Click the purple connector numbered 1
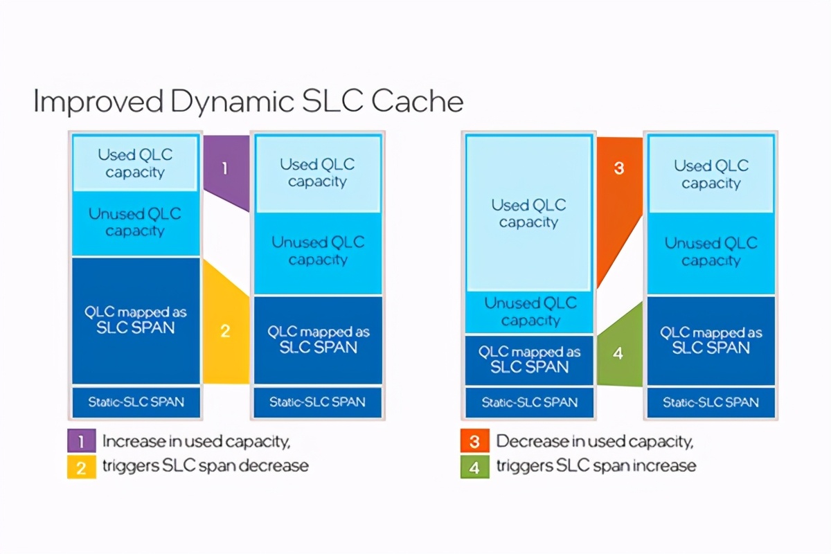(x=225, y=168)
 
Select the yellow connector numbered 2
(x=225, y=331)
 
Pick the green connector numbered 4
(x=618, y=353)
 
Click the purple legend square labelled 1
(x=81, y=441)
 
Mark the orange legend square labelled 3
(x=474, y=441)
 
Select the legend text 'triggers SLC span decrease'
(x=205, y=465)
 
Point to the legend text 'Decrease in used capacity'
(x=594, y=441)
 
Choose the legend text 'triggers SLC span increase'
(x=596, y=465)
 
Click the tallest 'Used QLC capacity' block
(x=529, y=213)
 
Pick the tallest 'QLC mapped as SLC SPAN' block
(x=135, y=320)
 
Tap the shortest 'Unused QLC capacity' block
(x=529, y=312)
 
